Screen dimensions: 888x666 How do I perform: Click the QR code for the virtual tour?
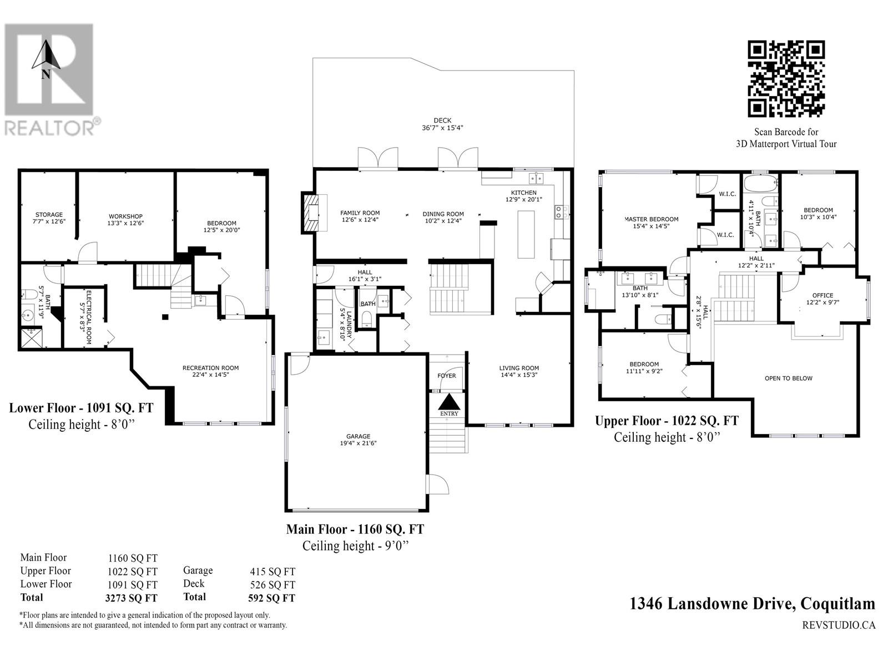tap(786, 78)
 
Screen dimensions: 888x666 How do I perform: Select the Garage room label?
tap(358, 436)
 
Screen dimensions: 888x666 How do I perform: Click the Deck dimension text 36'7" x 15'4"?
tap(442, 128)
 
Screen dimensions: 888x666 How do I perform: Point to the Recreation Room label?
tap(210, 368)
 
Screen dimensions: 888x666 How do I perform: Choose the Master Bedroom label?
tap(652, 220)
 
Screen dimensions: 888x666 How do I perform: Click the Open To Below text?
tap(789, 379)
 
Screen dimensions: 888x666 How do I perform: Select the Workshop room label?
tap(125, 216)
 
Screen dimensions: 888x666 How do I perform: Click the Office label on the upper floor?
tap(823, 296)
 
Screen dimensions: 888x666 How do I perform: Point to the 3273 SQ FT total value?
tap(131, 598)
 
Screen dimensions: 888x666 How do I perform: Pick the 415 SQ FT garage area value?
tap(273, 572)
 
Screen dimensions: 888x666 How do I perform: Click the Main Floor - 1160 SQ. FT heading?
tap(355, 529)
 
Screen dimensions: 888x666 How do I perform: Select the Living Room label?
tap(518, 368)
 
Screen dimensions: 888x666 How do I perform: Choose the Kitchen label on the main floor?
tap(523, 193)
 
